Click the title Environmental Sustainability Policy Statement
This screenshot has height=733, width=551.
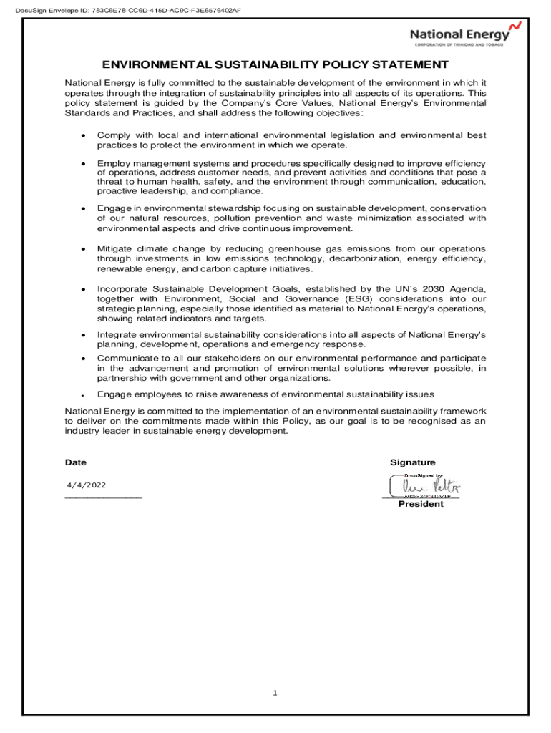click(x=275, y=64)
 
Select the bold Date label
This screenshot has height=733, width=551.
click(x=76, y=462)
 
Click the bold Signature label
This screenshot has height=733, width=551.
click(x=412, y=462)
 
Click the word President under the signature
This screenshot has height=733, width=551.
click(x=421, y=504)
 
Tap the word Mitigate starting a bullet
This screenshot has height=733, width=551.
click(x=115, y=248)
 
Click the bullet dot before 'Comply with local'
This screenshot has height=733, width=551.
click(x=84, y=136)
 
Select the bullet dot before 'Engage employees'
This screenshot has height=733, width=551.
click(x=84, y=395)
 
